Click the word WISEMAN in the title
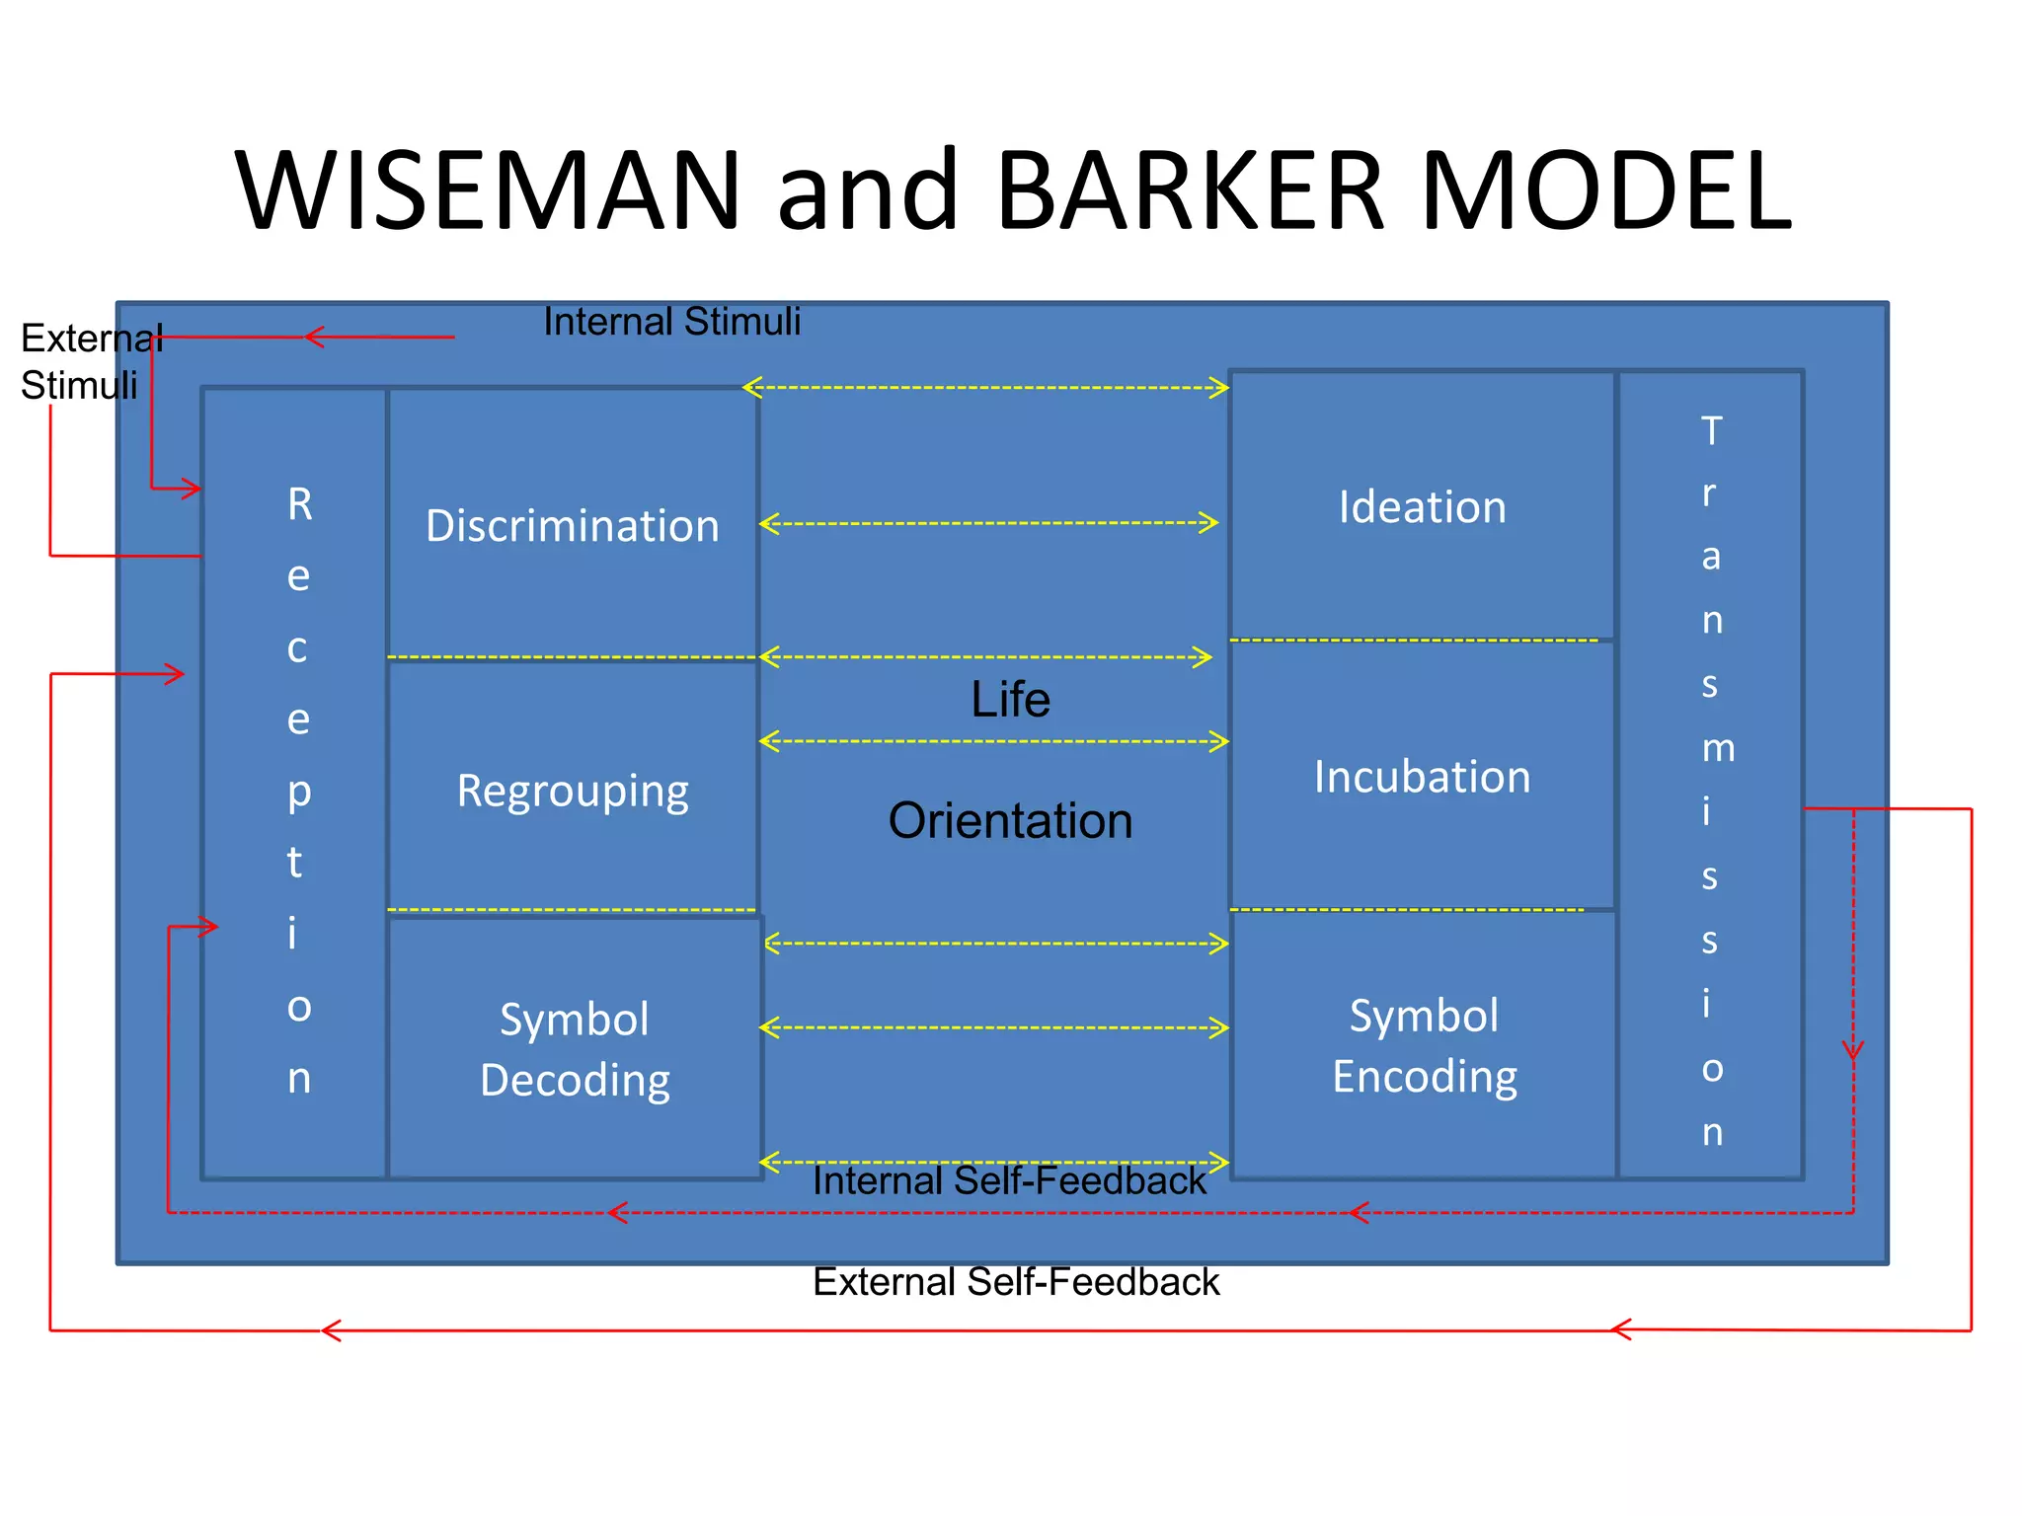[x=488, y=189]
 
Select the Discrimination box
[x=573, y=524]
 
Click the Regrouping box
[x=573, y=790]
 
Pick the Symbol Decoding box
[x=575, y=1048]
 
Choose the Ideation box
[x=1422, y=506]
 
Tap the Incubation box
[x=1422, y=776]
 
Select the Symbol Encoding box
[x=1424, y=1045]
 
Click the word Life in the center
[x=1010, y=699]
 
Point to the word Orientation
[x=1010, y=820]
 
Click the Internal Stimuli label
[x=671, y=322]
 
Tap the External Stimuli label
[x=89, y=361]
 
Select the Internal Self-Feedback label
[x=1009, y=1180]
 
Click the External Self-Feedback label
[x=1016, y=1282]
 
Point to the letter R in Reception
[x=300, y=504]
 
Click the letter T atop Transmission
[x=1711, y=430]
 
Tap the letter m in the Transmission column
[x=1718, y=748]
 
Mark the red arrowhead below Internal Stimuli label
[x=313, y=338]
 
